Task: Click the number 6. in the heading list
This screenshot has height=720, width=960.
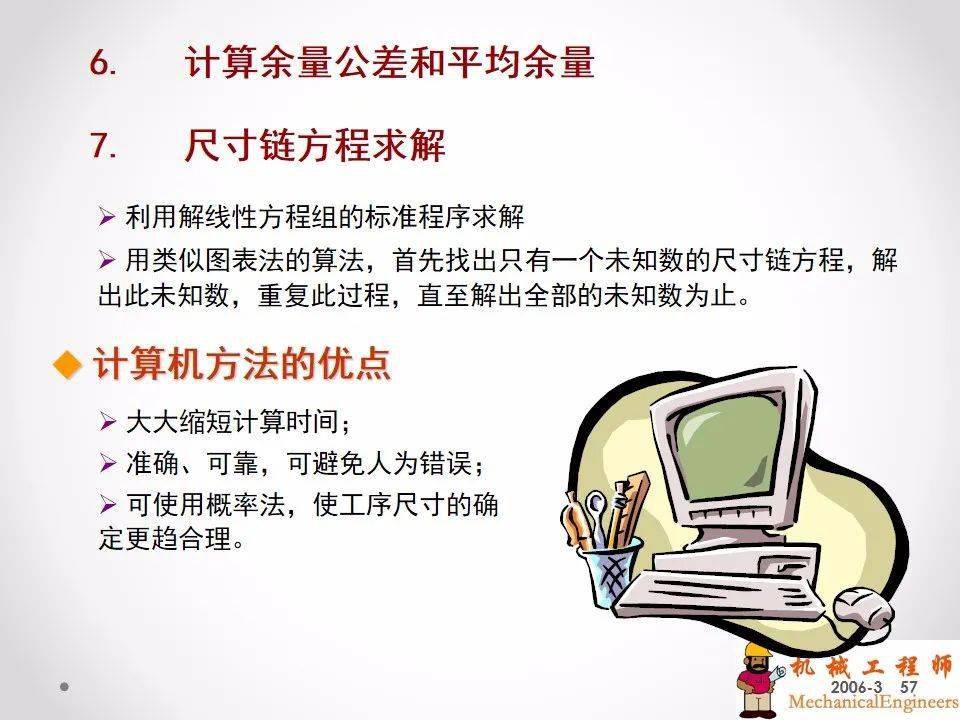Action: click(x=103, y=62)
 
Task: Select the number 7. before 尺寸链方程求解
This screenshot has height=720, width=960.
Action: click(x=103, y=146)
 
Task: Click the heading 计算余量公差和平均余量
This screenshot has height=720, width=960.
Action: click(x=389, y=62)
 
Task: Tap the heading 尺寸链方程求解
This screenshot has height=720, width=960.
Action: click(x=315, y=145)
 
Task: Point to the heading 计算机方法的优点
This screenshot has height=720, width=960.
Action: click(x=242, y=364)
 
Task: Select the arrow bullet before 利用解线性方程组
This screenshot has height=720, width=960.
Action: click(x=107, y=217)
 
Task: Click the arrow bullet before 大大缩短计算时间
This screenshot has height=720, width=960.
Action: click(x=108, y=422)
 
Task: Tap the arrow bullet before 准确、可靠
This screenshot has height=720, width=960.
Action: click(x=108, y=463)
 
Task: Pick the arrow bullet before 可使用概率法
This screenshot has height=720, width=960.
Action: click(x=108, y=505)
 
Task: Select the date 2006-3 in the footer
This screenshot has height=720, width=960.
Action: click(x=856, y=687)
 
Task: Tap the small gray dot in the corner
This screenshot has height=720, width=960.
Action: click(x=64, y=687)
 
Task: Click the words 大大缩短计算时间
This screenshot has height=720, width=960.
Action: click(x=233, y=422)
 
